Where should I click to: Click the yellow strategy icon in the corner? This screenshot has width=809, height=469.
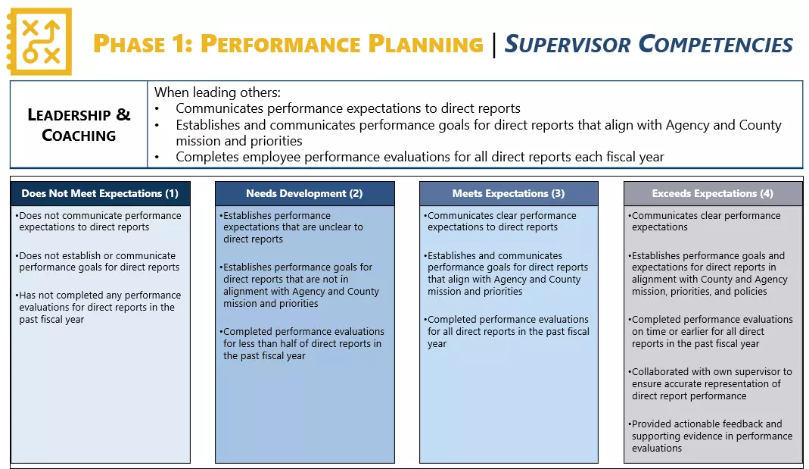click(x=40, y=42)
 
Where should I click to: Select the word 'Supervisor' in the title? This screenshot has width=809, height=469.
click(x=568, y=44)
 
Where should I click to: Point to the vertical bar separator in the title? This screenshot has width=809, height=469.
click(x=494, y=44)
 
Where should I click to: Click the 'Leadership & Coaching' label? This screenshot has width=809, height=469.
click(x=79, y=125)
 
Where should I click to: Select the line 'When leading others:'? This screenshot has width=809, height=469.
click(x=217, y=92)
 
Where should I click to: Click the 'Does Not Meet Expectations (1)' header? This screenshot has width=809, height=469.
click(x=100, y=193)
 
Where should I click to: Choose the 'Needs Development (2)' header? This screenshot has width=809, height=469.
click(x=304, y=193)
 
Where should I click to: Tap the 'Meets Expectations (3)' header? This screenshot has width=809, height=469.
click(x=509, y=193)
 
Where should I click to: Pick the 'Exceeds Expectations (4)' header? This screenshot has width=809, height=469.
click(x=713, y=193)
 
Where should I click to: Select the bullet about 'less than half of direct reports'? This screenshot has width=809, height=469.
click(x=303, y=343)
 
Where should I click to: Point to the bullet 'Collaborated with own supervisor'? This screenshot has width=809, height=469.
click(x=711, y=383)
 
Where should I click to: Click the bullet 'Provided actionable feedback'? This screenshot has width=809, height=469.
click(x=711, y=436)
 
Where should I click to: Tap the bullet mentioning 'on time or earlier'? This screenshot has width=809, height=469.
click(x=711, y=331)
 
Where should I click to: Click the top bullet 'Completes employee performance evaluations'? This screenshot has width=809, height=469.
click(x=419, y=157)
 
